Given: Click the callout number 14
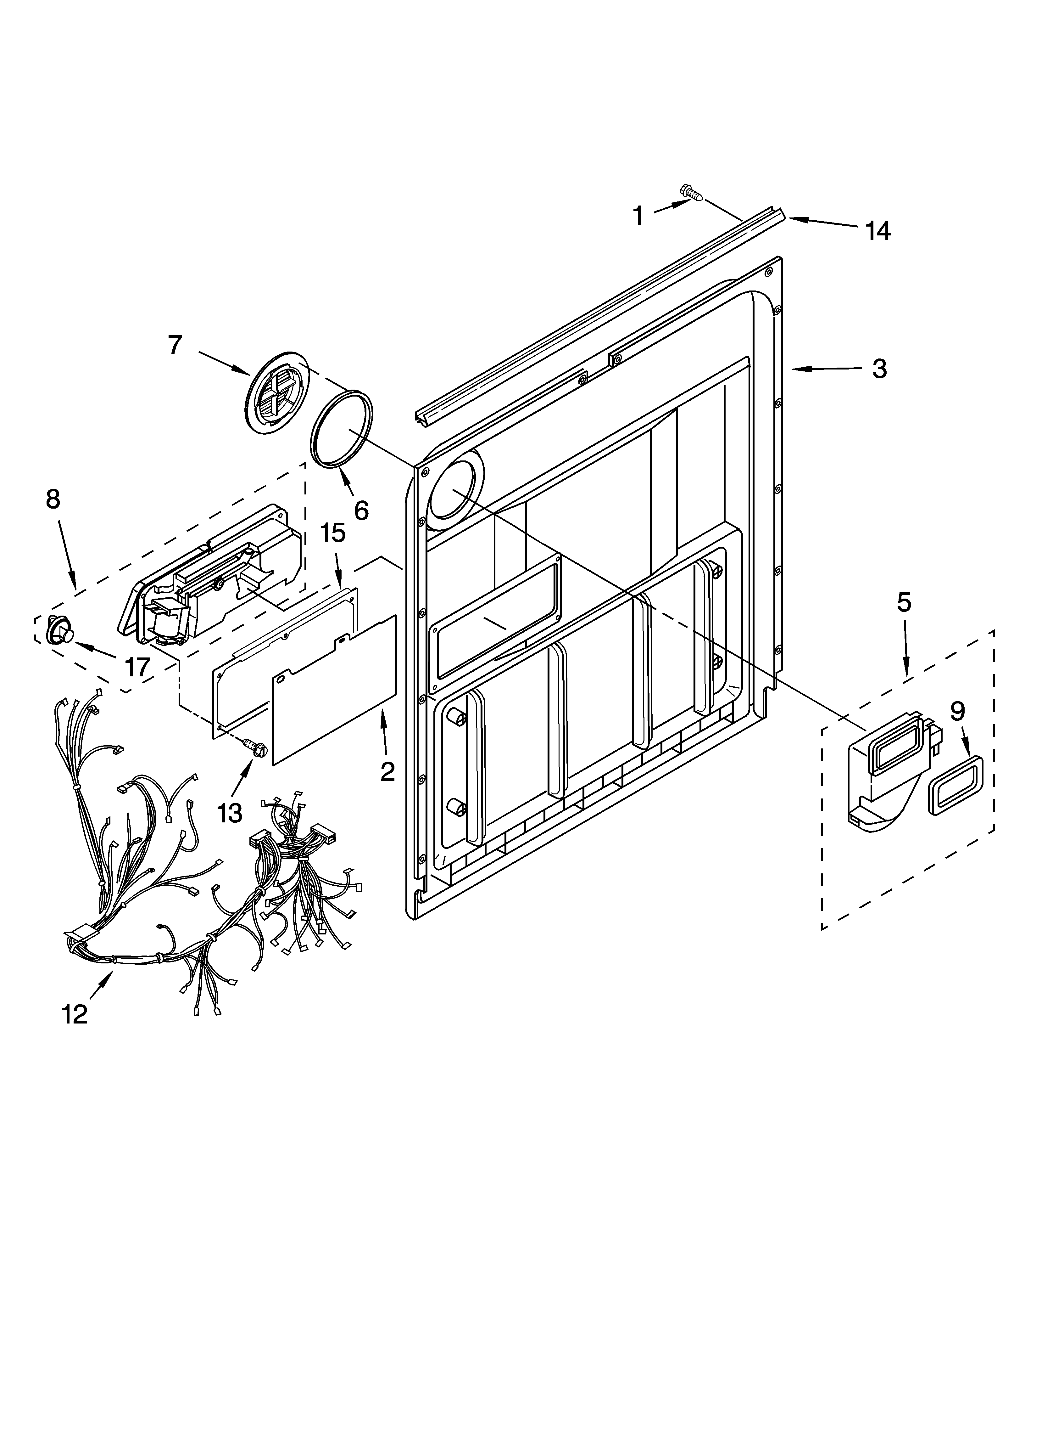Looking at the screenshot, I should point(878,231).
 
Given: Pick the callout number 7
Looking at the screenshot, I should point(175,345).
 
